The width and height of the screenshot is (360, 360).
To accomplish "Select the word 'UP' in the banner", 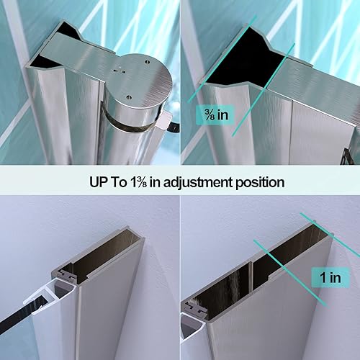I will tap(86, 182).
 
